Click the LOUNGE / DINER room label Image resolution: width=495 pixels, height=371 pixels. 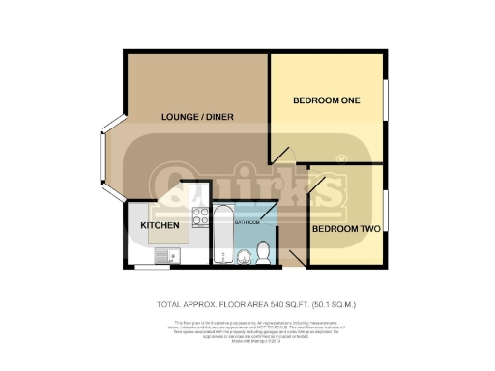[x=197, y=117]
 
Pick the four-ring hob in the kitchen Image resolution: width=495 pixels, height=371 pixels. [x=201, y=217]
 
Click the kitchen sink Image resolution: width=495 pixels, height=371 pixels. [x=165, y=256]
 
